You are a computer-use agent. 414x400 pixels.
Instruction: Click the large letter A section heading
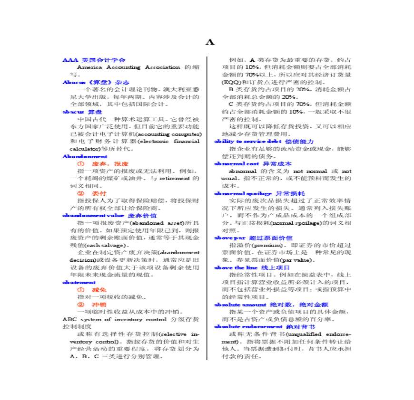(x=210, y=42)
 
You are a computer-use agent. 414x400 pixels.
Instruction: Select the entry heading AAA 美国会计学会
(x=94, y=60)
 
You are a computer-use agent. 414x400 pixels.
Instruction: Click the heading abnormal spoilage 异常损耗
(x=259, y=193)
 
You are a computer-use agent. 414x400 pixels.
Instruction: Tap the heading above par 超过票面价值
(x=253, y=238)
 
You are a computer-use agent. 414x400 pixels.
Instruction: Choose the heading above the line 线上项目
(x=252, y=267)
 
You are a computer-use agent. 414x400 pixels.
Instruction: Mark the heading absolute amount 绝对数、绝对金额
(x=271, y=305)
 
